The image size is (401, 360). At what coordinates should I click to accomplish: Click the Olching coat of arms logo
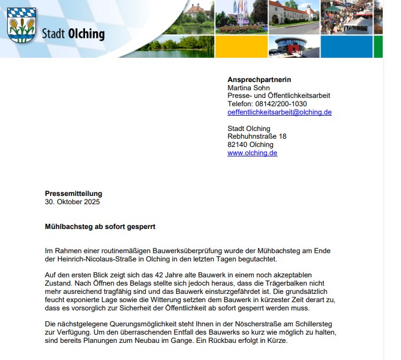pos(22,25)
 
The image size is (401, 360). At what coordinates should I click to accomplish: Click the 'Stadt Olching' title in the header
pos(73,34)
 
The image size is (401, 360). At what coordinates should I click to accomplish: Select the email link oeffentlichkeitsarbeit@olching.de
pos(279,112)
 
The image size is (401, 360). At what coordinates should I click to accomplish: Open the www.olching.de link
pos(252,153)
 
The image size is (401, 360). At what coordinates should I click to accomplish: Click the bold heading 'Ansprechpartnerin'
pos(259,80)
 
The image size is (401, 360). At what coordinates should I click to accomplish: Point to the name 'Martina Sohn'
pos(248,88)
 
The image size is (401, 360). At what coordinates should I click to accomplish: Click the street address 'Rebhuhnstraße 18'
pos(257,136)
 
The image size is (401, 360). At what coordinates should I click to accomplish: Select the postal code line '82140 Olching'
pos(250,145)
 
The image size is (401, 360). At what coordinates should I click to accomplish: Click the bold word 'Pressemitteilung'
pos(73,194)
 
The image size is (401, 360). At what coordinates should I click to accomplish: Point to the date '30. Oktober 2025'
pos(73,202)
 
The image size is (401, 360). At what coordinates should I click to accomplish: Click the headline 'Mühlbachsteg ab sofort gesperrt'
pos(100,227)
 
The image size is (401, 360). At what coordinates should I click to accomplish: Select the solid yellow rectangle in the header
pos(241,47)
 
